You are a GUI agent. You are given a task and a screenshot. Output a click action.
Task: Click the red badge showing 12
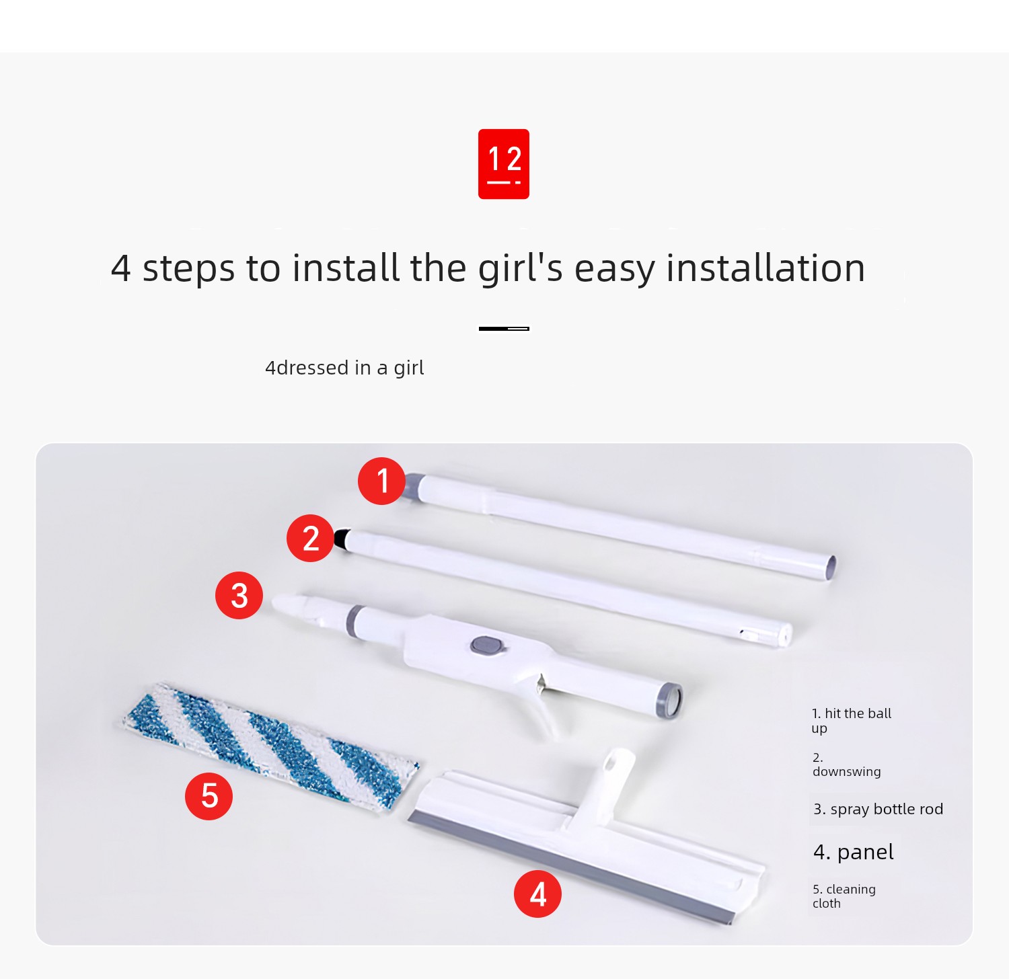504,164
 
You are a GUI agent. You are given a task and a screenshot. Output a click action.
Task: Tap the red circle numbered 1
381,481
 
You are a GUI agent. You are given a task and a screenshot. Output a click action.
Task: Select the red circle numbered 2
310,538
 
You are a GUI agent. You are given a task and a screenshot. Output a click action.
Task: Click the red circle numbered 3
239,595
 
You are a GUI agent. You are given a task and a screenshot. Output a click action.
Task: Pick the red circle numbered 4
537,894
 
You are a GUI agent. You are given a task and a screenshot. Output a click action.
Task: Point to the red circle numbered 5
209,796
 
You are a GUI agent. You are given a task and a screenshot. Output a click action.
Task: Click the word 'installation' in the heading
765,268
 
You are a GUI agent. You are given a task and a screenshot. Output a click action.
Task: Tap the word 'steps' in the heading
190,269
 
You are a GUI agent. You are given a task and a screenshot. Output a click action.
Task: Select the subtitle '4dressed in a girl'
344,368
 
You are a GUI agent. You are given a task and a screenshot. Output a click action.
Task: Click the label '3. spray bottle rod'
878,809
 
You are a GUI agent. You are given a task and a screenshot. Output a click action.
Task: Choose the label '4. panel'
853,852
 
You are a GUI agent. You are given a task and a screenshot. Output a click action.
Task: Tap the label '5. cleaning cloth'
844,896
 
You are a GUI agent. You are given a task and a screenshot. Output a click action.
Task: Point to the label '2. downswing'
846,765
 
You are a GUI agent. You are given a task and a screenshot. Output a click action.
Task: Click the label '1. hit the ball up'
851,720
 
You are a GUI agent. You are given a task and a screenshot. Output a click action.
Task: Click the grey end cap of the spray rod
669,700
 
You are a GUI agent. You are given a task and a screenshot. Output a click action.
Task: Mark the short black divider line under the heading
504,328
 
